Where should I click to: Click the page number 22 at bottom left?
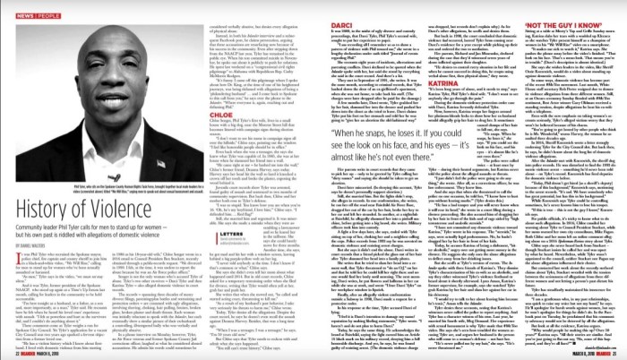8,352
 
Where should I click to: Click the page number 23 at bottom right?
618,352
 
